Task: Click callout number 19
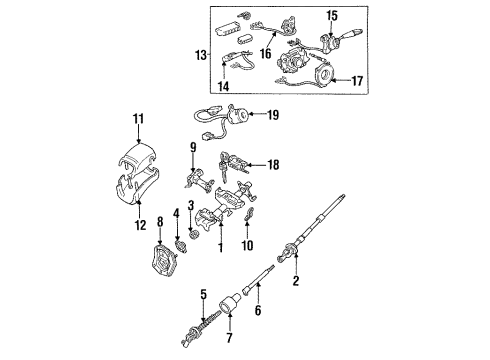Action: pos(273,116)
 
